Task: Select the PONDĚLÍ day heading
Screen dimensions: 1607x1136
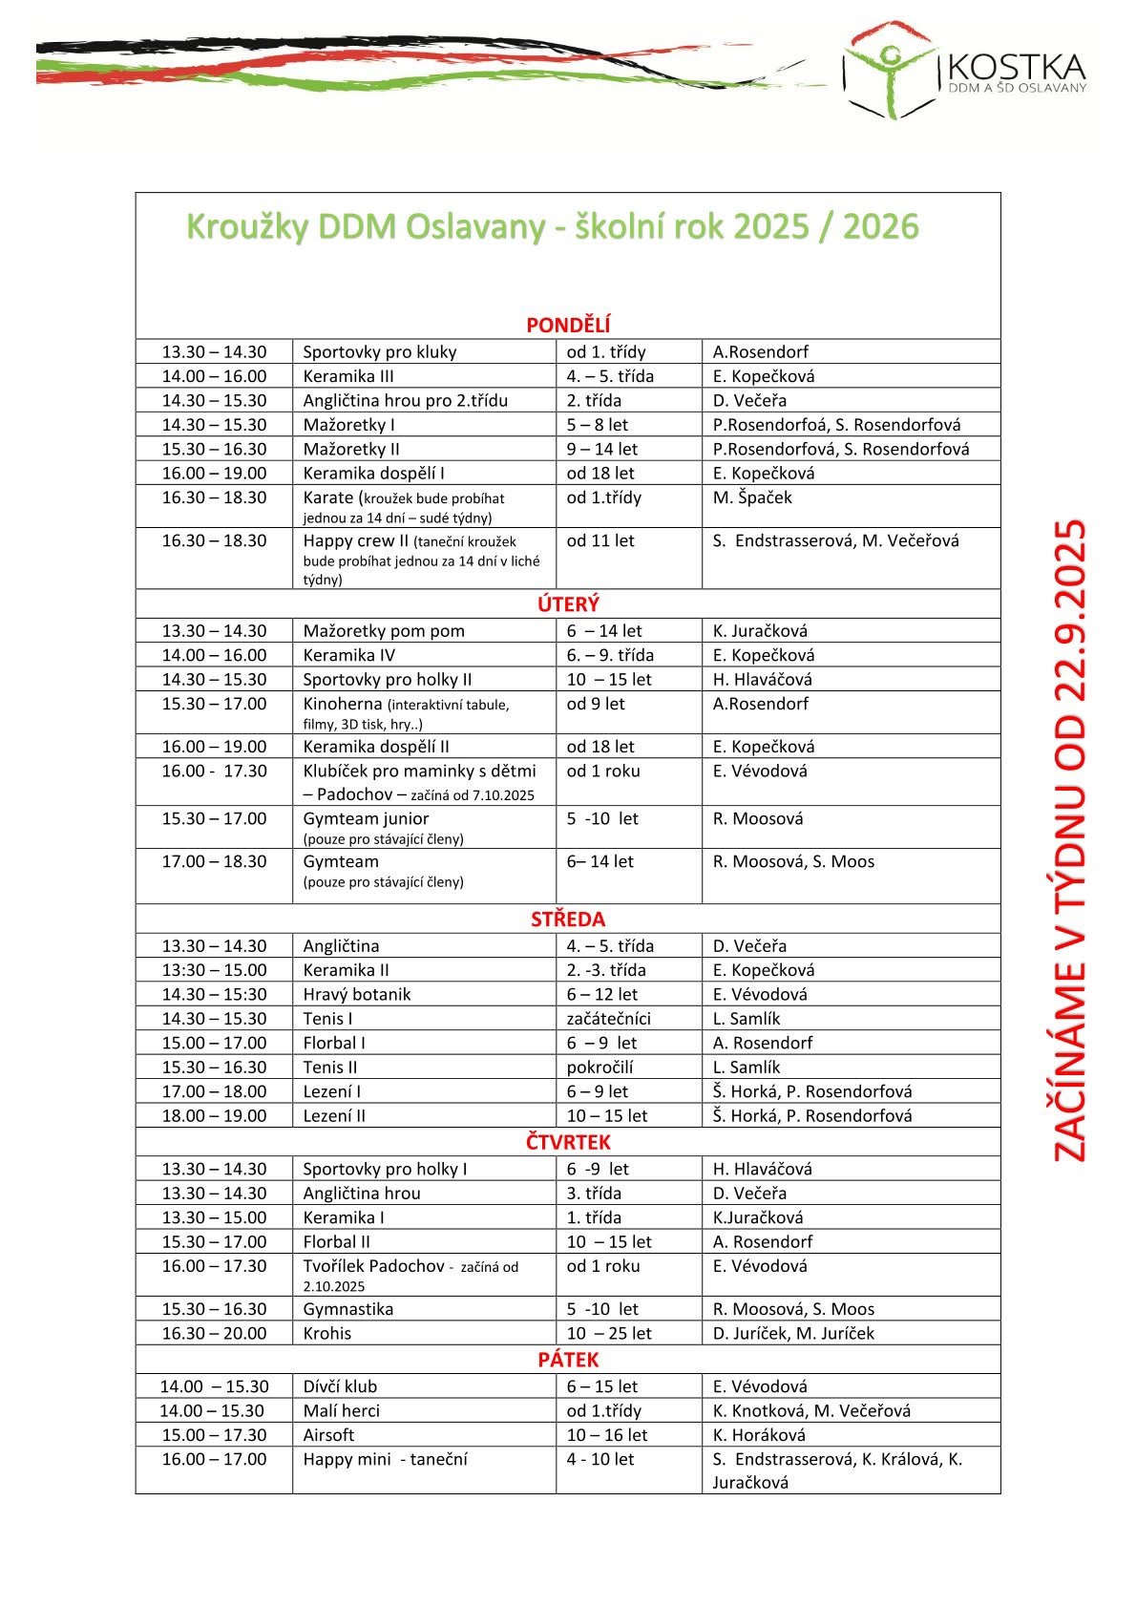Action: tap(568, 326)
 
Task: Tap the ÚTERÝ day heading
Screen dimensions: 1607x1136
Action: tap(568, 604)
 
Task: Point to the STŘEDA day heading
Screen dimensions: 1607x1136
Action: tap(568, 920)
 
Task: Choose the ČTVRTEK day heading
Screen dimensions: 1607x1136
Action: tap(568, 1142)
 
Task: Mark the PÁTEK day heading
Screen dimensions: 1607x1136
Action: tap(568, 1360)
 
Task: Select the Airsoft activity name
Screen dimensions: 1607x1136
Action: tap(328, 1435)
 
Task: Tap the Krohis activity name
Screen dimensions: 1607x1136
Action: tap(327, 1333)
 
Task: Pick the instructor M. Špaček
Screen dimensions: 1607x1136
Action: tap(752, 497)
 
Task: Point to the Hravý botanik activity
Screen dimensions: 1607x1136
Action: tap(357, 994)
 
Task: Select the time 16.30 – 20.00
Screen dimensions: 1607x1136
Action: tap(214, 1333)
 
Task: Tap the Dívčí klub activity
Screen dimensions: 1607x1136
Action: tap(340, 1386)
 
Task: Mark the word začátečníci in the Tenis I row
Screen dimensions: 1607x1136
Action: tap(609, 1019)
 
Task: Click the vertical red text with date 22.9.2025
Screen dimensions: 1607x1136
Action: tap(1070, 840)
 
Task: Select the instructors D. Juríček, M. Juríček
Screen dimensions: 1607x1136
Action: tap(793, 1333)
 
